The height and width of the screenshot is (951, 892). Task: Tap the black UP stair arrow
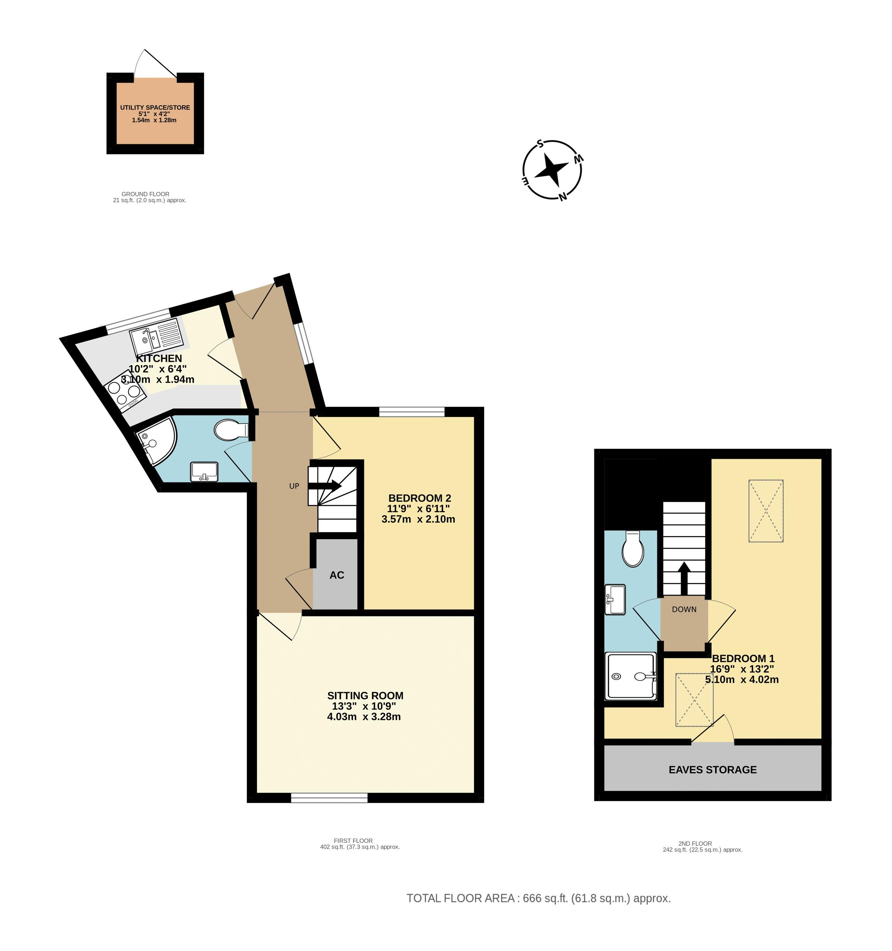[x=326, y=486]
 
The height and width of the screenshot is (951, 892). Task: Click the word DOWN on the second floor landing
[x=684, y=609]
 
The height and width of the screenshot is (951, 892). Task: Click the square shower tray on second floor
[x=630, y=676]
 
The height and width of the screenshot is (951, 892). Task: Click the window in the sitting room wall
[x=329, y=797]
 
